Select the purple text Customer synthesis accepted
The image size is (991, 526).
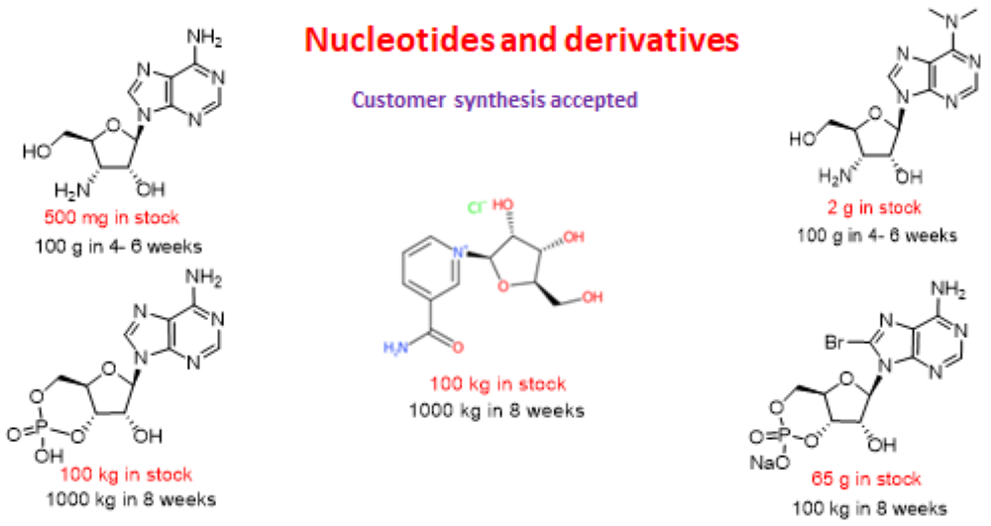coord(495,100)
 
